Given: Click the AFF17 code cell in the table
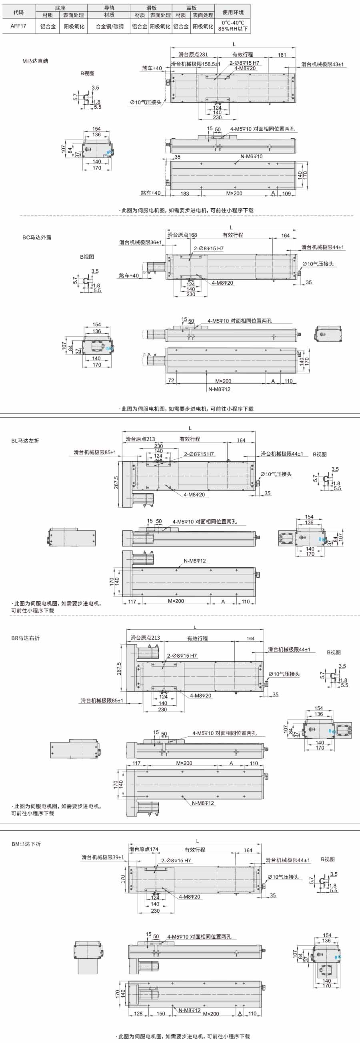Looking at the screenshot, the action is coord(19,26).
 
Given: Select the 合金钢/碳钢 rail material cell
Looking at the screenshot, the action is coord(109,26).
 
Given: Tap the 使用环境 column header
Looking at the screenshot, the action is coord(233,12).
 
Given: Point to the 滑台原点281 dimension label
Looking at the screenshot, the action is coord(193,55).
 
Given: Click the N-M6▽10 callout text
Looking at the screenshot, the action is coord(252,156).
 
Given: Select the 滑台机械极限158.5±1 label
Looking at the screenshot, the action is coord(196,64).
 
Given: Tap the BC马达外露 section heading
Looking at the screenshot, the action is coord(37,238).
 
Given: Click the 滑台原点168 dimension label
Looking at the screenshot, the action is coord(182,235).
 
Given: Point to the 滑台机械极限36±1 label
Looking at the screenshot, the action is coord(140,243).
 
